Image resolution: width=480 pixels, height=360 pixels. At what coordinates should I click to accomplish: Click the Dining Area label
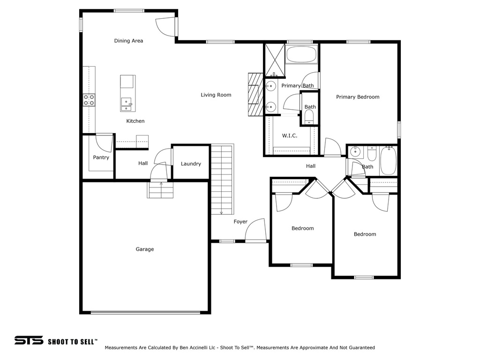(x=128, y=41)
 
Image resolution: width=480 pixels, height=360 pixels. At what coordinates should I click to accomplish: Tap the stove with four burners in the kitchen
(x=89, y=100)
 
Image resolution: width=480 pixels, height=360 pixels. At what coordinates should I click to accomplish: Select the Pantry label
(x=101, y=157)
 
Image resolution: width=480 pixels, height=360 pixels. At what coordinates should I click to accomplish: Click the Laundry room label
(x=191, y=164)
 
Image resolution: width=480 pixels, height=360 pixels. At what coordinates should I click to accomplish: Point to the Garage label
(x=145, y=249)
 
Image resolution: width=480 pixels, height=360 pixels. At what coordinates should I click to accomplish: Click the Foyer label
(x=240, y=222)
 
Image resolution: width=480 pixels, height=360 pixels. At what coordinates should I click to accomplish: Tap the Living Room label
(x=216, y=95)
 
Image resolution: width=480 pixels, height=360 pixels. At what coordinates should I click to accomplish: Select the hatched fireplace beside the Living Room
(x=255, y=94)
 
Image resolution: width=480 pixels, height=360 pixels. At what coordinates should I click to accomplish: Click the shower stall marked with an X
(x=275, y=60)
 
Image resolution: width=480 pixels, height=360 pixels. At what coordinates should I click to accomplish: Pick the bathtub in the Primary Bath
(x=302, y=55)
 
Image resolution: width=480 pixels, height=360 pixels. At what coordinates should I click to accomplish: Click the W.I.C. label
(x=290, y=135)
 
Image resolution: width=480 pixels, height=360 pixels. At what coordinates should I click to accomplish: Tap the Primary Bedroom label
(x=358, y=97)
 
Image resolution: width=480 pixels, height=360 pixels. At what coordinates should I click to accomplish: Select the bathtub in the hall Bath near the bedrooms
(x=388, y=161)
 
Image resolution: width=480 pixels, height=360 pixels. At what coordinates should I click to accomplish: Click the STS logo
(x=29, y=340)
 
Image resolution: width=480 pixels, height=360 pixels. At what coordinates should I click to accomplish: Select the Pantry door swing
(x=104, y=142)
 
